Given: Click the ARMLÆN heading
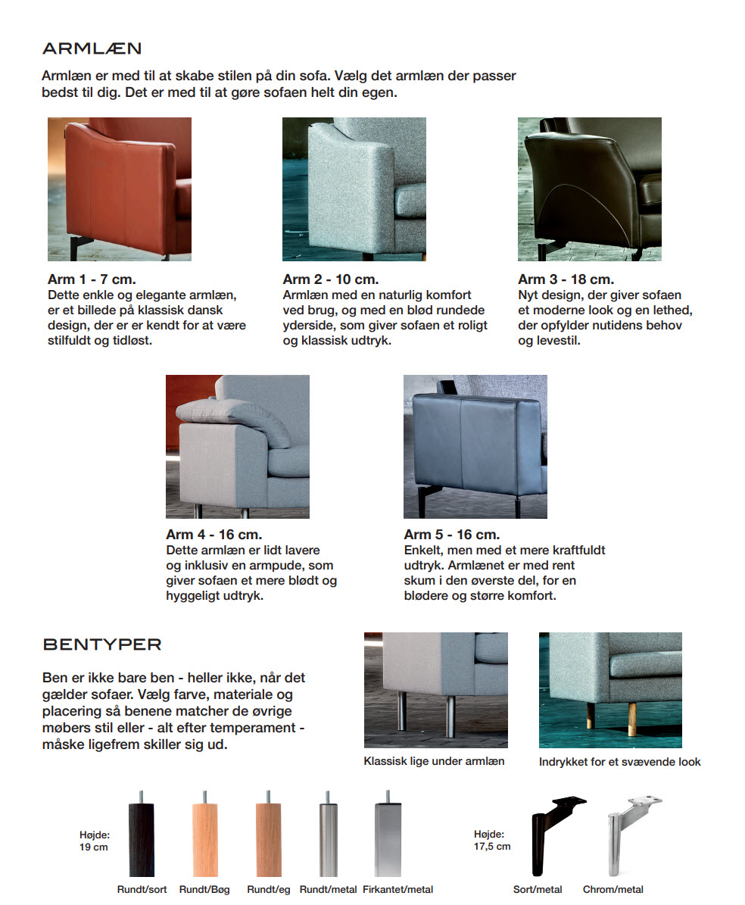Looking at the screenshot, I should [92, 49].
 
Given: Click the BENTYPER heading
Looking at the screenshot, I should [102, 645].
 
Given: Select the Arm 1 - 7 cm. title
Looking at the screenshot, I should [92, 279].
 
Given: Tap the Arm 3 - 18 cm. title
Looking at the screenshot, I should [566, 279].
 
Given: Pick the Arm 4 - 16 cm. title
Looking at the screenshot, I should [214, 535].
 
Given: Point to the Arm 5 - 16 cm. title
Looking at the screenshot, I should [451, 535].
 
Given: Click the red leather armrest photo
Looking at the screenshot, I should [120, 189].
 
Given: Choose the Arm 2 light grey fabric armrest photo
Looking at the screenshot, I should [354, 189].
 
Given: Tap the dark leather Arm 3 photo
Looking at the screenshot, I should [589, 189].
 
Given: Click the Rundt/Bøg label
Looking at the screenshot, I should [204, 890].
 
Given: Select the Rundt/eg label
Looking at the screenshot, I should [269, 890].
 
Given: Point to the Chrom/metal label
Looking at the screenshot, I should [613, 890].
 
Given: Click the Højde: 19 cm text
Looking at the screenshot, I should [95, 841].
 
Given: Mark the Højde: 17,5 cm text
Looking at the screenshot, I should [492, 841].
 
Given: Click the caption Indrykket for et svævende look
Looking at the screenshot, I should [620, 762].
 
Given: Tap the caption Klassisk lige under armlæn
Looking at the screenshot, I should [434, 761].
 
